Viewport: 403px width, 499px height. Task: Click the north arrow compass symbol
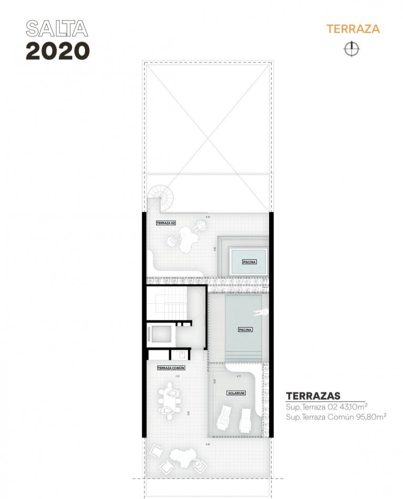tap(351, 49)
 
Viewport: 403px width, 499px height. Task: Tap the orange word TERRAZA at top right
tap(353, 29)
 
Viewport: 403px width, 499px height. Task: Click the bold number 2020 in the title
tap(58, 50)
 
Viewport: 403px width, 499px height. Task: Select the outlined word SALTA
tap(57, 29)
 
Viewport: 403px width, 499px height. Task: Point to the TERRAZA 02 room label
tap(166, 223)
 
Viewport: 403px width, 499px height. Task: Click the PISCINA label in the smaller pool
tap(249, 262)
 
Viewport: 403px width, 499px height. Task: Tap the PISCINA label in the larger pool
tap(245, 330)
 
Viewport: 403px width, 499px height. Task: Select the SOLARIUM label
tap(236, 393)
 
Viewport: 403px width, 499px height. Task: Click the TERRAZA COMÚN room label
tap(171, 368)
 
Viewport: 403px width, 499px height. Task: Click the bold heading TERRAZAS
tap(313, 396)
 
